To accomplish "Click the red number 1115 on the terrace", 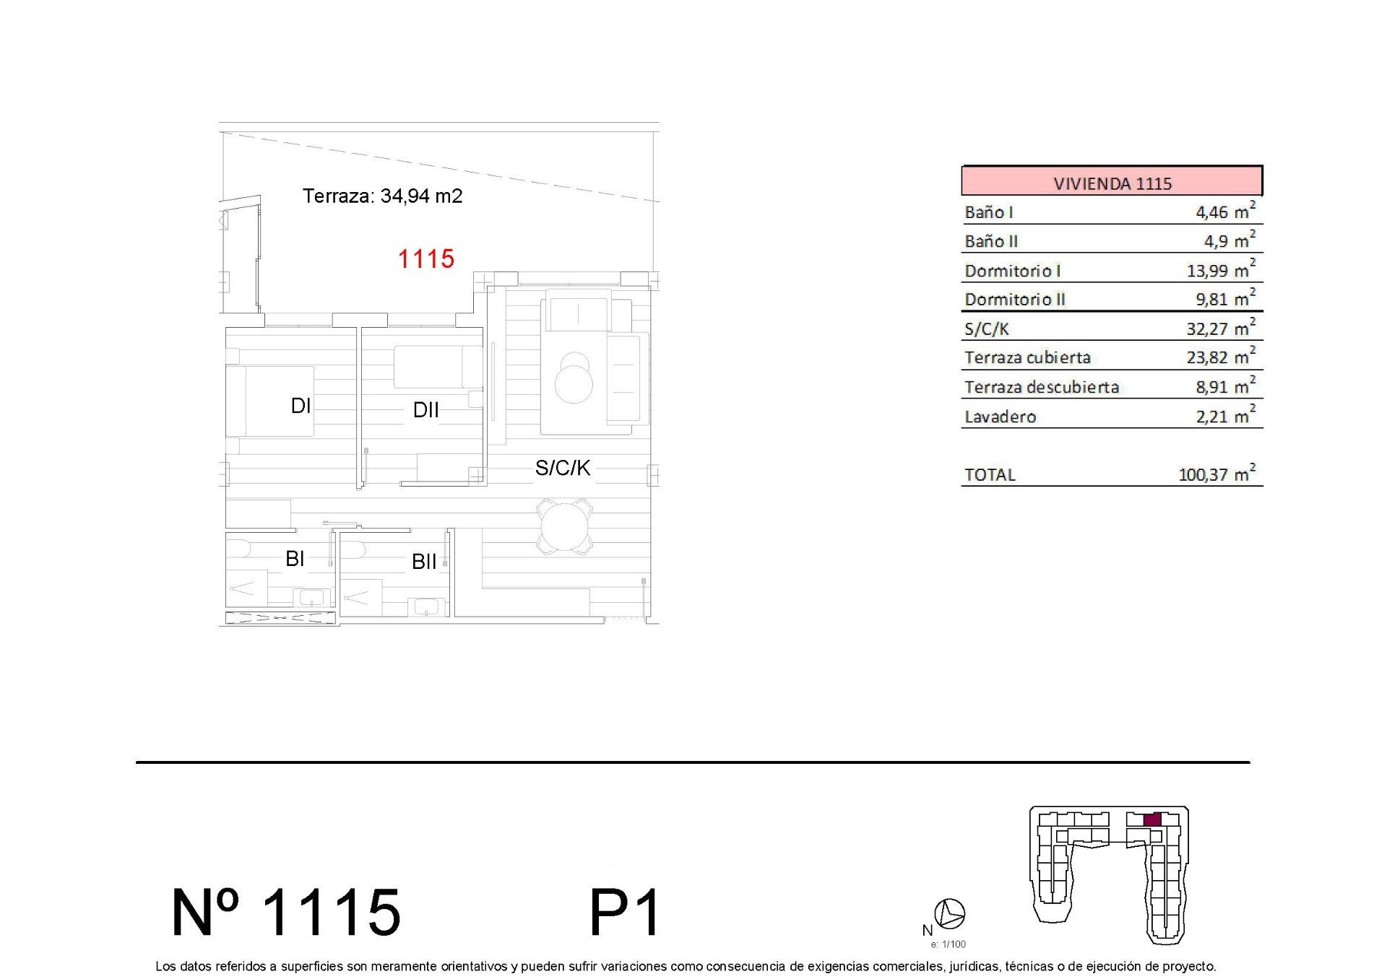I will (x=426, y=258).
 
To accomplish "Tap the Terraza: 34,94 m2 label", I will (x=382, y=196).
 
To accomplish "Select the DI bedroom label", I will (x=301, y=406).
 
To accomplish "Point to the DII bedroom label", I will (x=425, y=410).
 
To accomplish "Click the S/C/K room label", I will (x=563, y=468).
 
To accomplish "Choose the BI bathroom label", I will (x=295, y=558).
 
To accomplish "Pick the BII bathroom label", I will (x=424, y=562).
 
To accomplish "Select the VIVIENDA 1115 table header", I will (x=1112, y=183).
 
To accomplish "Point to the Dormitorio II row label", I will (x=1015, y=299).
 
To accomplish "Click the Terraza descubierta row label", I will (x=1041, y=387).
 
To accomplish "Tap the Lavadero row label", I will (x=1001, y=417).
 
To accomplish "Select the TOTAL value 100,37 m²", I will (x=1217, y=474).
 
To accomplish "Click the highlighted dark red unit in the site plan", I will (x=1152, y=819).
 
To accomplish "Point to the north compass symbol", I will (x=949, y=914).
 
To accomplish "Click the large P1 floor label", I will (x=625, y=913).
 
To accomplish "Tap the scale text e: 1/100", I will (x=948, y=944).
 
